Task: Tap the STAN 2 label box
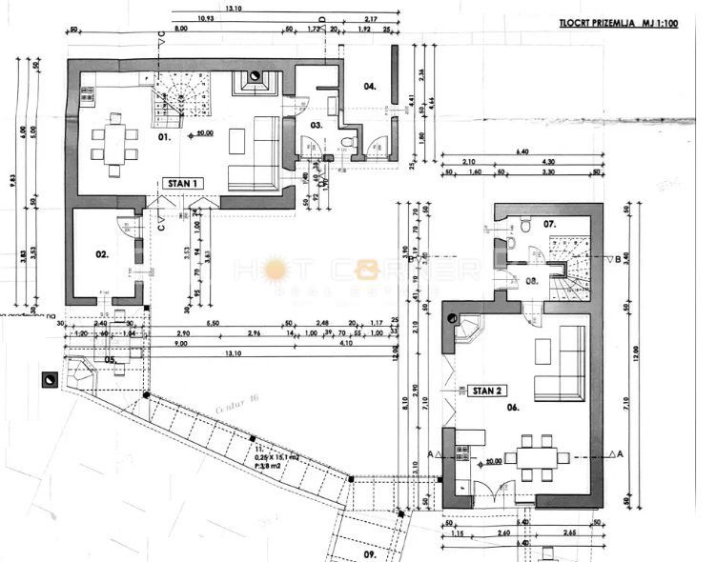[488, 390]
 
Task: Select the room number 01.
[163, 138]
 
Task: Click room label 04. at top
[369, 86]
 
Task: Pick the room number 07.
[549, 225]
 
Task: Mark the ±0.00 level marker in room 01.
[199, 134]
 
